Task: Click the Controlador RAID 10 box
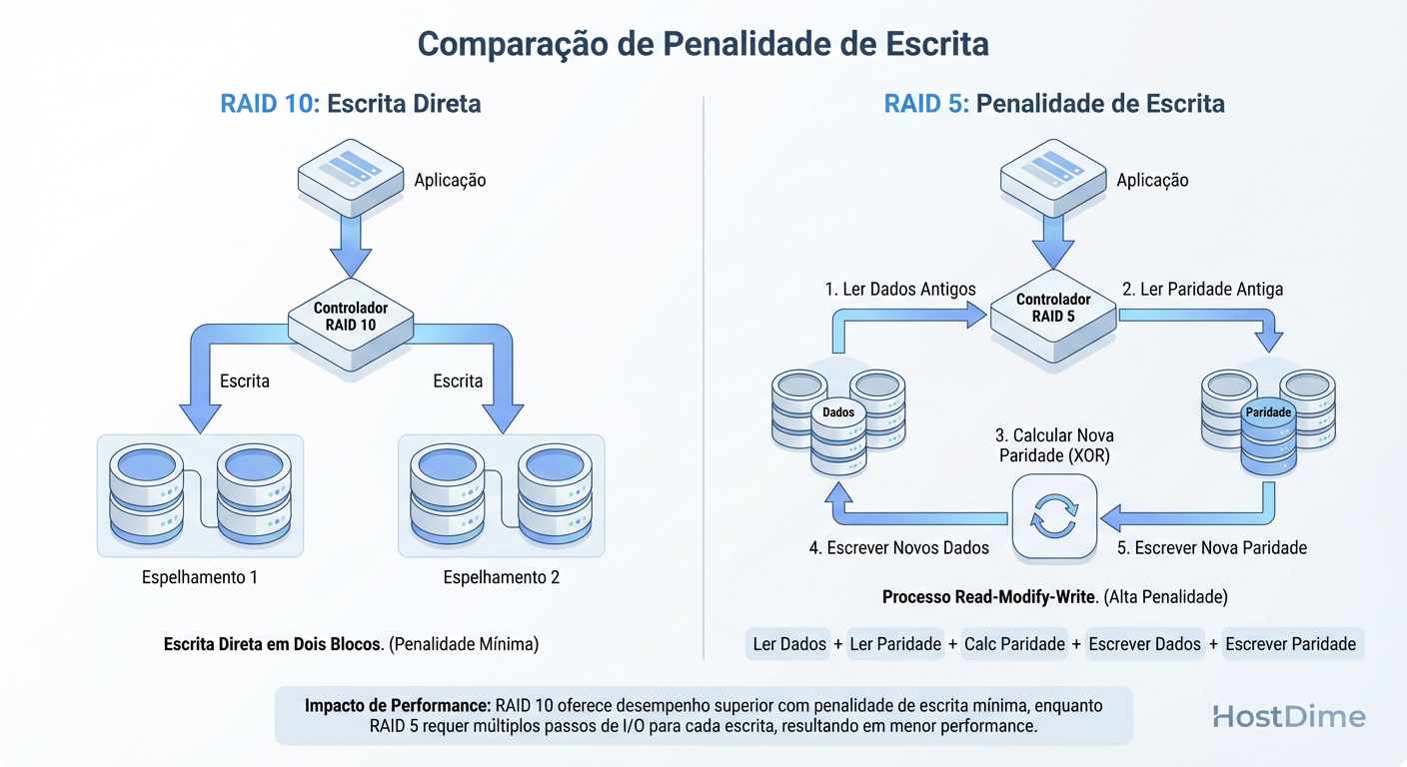pyautogui.click(x=350, y=317)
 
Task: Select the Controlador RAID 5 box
pyautogui.click(x=1052, y=309)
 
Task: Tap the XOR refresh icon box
pyautogui.click(x=1054, y=516)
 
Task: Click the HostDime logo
pyautogui.click(x=1288, y=716)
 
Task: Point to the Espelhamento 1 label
pyautogui.click(x=200, y=577)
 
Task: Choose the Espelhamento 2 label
pyautogui.click(x=502, y=577)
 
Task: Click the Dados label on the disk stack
pyautogui.click(x=838, y=411)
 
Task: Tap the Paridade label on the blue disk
pyautogui.click(x=1269, y=411)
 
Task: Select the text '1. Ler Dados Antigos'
pyautogui.click(x=900, y=290)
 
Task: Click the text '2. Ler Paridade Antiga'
pyautogui.click(x=1202, y=290)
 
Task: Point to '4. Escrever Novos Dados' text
pyautogui.click(x=898, y=547)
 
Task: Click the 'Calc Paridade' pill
pyautogui.click(x=1014, y=644)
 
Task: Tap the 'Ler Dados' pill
pyautogui.click(x=789, y=644)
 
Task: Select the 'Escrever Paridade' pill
pyautogui.click(x=1290, y=644)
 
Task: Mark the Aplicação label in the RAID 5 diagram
pyautogui.click(x=1152, y=181)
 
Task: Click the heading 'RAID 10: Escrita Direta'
pyautogui.click(x=351, y=104)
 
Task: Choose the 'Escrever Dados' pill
pyautogui.click(x=1144, y=644)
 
